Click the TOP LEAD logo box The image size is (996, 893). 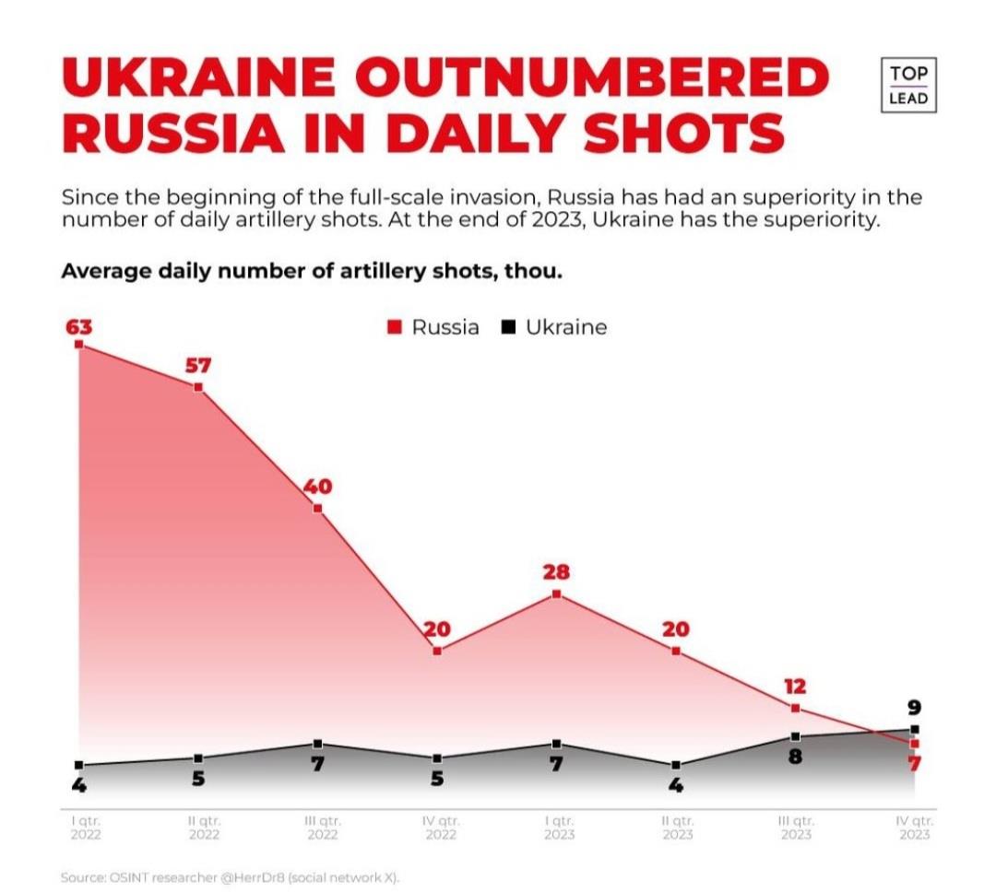(908, 86)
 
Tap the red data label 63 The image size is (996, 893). (78, 326)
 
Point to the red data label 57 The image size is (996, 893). (197, 365)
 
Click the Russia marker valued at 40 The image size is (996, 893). (317, 508)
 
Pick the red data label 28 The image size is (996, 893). (556, 572)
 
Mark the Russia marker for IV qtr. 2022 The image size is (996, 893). (437, 651)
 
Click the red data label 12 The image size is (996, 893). (795, 687)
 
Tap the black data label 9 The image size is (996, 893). (914, 708)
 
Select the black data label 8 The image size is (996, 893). (795, 758)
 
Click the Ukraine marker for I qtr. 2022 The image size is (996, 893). (79, 765)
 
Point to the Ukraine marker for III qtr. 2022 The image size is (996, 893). (317, 744)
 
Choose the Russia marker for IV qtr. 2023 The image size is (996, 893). (914, 743)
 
